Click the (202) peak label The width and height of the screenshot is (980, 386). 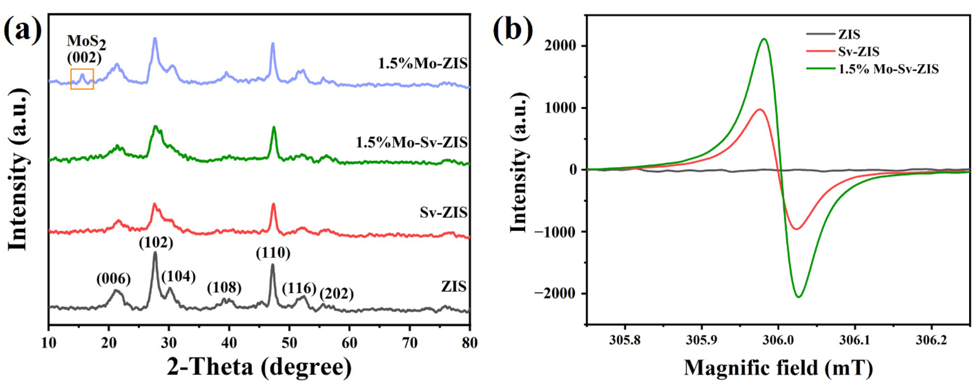(x=336, y=294)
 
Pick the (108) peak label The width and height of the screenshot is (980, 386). (x=224, y=288)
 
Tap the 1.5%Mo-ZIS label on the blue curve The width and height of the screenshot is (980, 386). (x=423, y=63)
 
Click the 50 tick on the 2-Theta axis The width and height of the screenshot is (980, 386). (x=289, y=343)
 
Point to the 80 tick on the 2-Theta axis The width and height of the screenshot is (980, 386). (x=469, y=343)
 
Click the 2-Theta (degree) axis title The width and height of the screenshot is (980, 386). (x=259, y=367)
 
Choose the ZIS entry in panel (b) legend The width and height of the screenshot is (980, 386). (x=849, y=35)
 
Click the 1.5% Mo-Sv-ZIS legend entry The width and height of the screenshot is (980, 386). (x=888, y=69)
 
